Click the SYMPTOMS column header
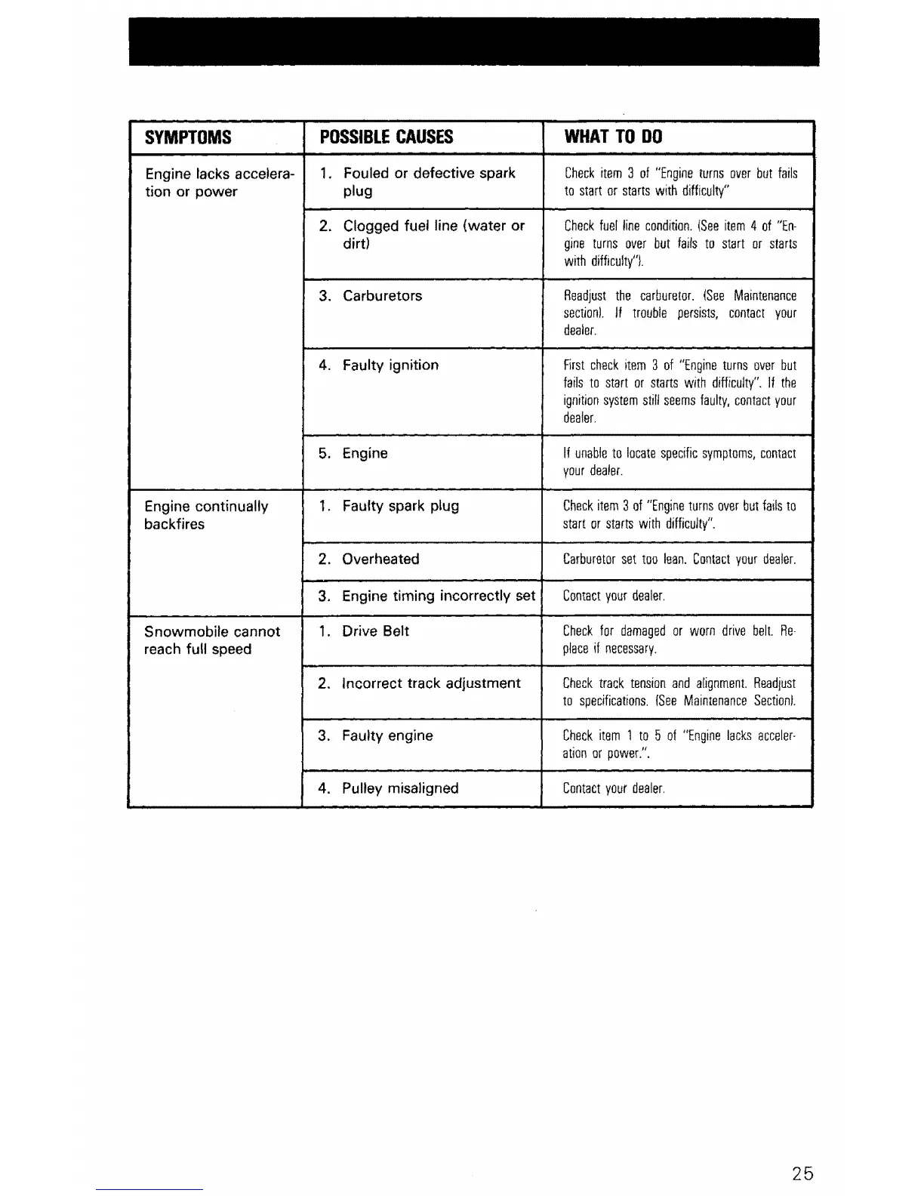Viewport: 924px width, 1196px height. pyautogui.click(x=188, y=137)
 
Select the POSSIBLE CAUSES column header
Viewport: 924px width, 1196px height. pyautogui.click(x=387, y=137)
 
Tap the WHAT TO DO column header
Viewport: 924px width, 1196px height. pyautogui.click(x=613, y=137)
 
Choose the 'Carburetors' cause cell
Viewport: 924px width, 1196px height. pyautogui.click(x=382, y=296)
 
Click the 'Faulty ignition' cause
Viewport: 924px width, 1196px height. pyautogui.click(x=390, y=365)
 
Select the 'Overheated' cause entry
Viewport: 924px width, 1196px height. pyautogui.click(x=380, y=559)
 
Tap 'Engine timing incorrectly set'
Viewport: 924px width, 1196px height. pyautogui.click(x=438, y=596)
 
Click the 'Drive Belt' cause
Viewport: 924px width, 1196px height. pyautogui.click(x=374, y=631)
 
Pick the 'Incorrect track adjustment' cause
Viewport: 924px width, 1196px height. pyautogui.click(x=430, y=683)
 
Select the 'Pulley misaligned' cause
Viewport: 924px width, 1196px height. pyautogui.click(x=399, y=788)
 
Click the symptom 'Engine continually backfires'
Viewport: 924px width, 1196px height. pyautogui.click(x=205, y=515)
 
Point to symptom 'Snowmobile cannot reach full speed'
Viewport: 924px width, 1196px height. pyautogui.click(x=211, y=640)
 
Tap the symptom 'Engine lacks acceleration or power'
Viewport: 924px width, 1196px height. pyautogui.click(x=218, y=183)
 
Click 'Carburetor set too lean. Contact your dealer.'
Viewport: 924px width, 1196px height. pyautogui.click(x=679, y=560)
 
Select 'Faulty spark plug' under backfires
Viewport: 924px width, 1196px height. pyautogui.click(x=400, y=506)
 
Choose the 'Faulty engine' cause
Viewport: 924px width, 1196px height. pyautogui.click(x=387, y=735)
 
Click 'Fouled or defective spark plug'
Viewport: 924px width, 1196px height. pyautogui.click(x=428, y=182)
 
